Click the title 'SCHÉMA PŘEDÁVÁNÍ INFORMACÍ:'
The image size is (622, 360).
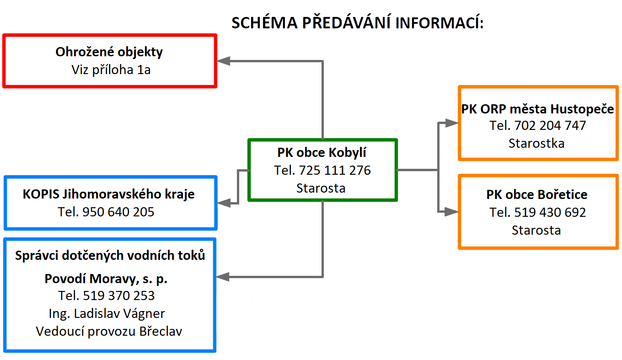358,22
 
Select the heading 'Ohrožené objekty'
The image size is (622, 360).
109,52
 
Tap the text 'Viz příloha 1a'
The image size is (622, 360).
111,70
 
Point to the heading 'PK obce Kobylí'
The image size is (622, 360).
322,152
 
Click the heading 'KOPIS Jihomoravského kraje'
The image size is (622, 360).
108,194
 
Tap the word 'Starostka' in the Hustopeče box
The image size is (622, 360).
536,143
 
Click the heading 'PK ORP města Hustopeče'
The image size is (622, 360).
537,109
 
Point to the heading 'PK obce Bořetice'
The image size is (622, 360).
537,194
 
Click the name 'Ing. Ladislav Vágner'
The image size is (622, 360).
107,314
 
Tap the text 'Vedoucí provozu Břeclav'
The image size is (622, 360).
109,331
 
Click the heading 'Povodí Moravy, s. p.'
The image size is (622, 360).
106,279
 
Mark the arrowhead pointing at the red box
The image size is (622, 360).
223,61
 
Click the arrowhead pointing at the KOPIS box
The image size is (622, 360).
224,203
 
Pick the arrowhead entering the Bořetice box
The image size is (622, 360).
451,212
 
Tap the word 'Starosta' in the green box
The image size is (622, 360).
321,188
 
